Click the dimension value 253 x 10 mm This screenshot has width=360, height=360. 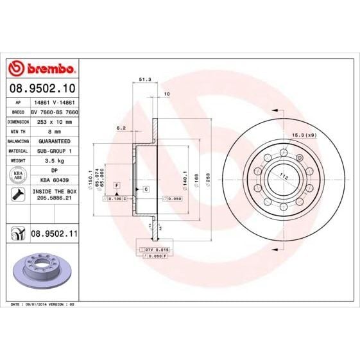[52, 121]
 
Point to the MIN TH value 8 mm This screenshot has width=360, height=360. [52, 130]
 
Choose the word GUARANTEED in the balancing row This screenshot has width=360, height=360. [52, 140]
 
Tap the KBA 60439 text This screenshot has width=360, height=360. [52, 181]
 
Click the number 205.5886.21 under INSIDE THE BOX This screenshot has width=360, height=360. [52, 200]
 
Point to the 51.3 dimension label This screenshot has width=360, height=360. [144, 80]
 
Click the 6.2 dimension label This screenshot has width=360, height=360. [121, 128]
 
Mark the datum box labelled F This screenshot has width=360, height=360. [117, 185]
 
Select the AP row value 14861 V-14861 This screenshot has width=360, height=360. [52, 102]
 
